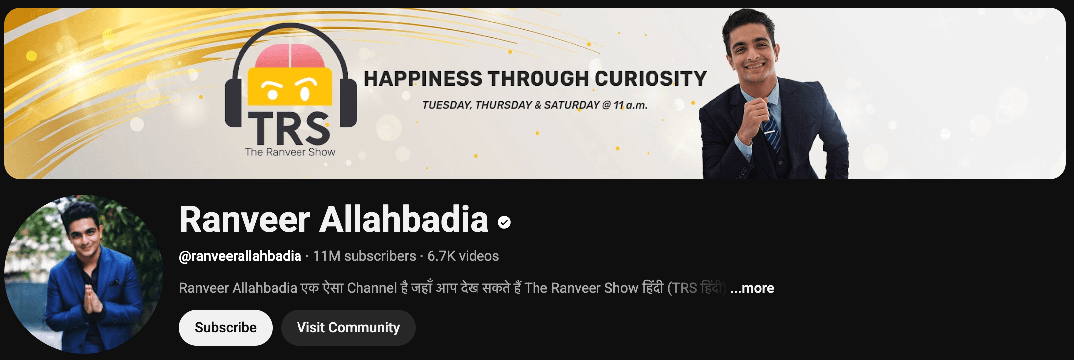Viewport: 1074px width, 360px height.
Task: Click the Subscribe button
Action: [226, 328]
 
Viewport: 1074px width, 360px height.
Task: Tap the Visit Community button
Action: [348, 328]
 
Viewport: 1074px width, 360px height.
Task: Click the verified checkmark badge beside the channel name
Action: [504, 223]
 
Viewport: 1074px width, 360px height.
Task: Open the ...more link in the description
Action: [752, 288]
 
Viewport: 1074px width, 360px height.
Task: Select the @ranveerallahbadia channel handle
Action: [240, 256]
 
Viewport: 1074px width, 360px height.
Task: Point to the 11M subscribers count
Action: [364, 256]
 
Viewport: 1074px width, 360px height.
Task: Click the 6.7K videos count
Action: [463, 256]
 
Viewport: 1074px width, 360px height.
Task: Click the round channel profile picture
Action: [84, 274]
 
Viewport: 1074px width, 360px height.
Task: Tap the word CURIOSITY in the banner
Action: [650, 79]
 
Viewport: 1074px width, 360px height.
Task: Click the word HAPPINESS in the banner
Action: [423, 79]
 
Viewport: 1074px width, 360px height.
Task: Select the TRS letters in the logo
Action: [289, 127]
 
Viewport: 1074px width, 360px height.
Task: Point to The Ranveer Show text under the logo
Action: [290, 152]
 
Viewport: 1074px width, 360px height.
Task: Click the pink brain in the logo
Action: [290, 56]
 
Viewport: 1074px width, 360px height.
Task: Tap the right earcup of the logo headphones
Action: [348, 103]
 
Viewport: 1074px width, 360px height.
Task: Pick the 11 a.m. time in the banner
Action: [630, 105]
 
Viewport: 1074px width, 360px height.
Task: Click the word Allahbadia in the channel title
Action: [404, 219]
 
